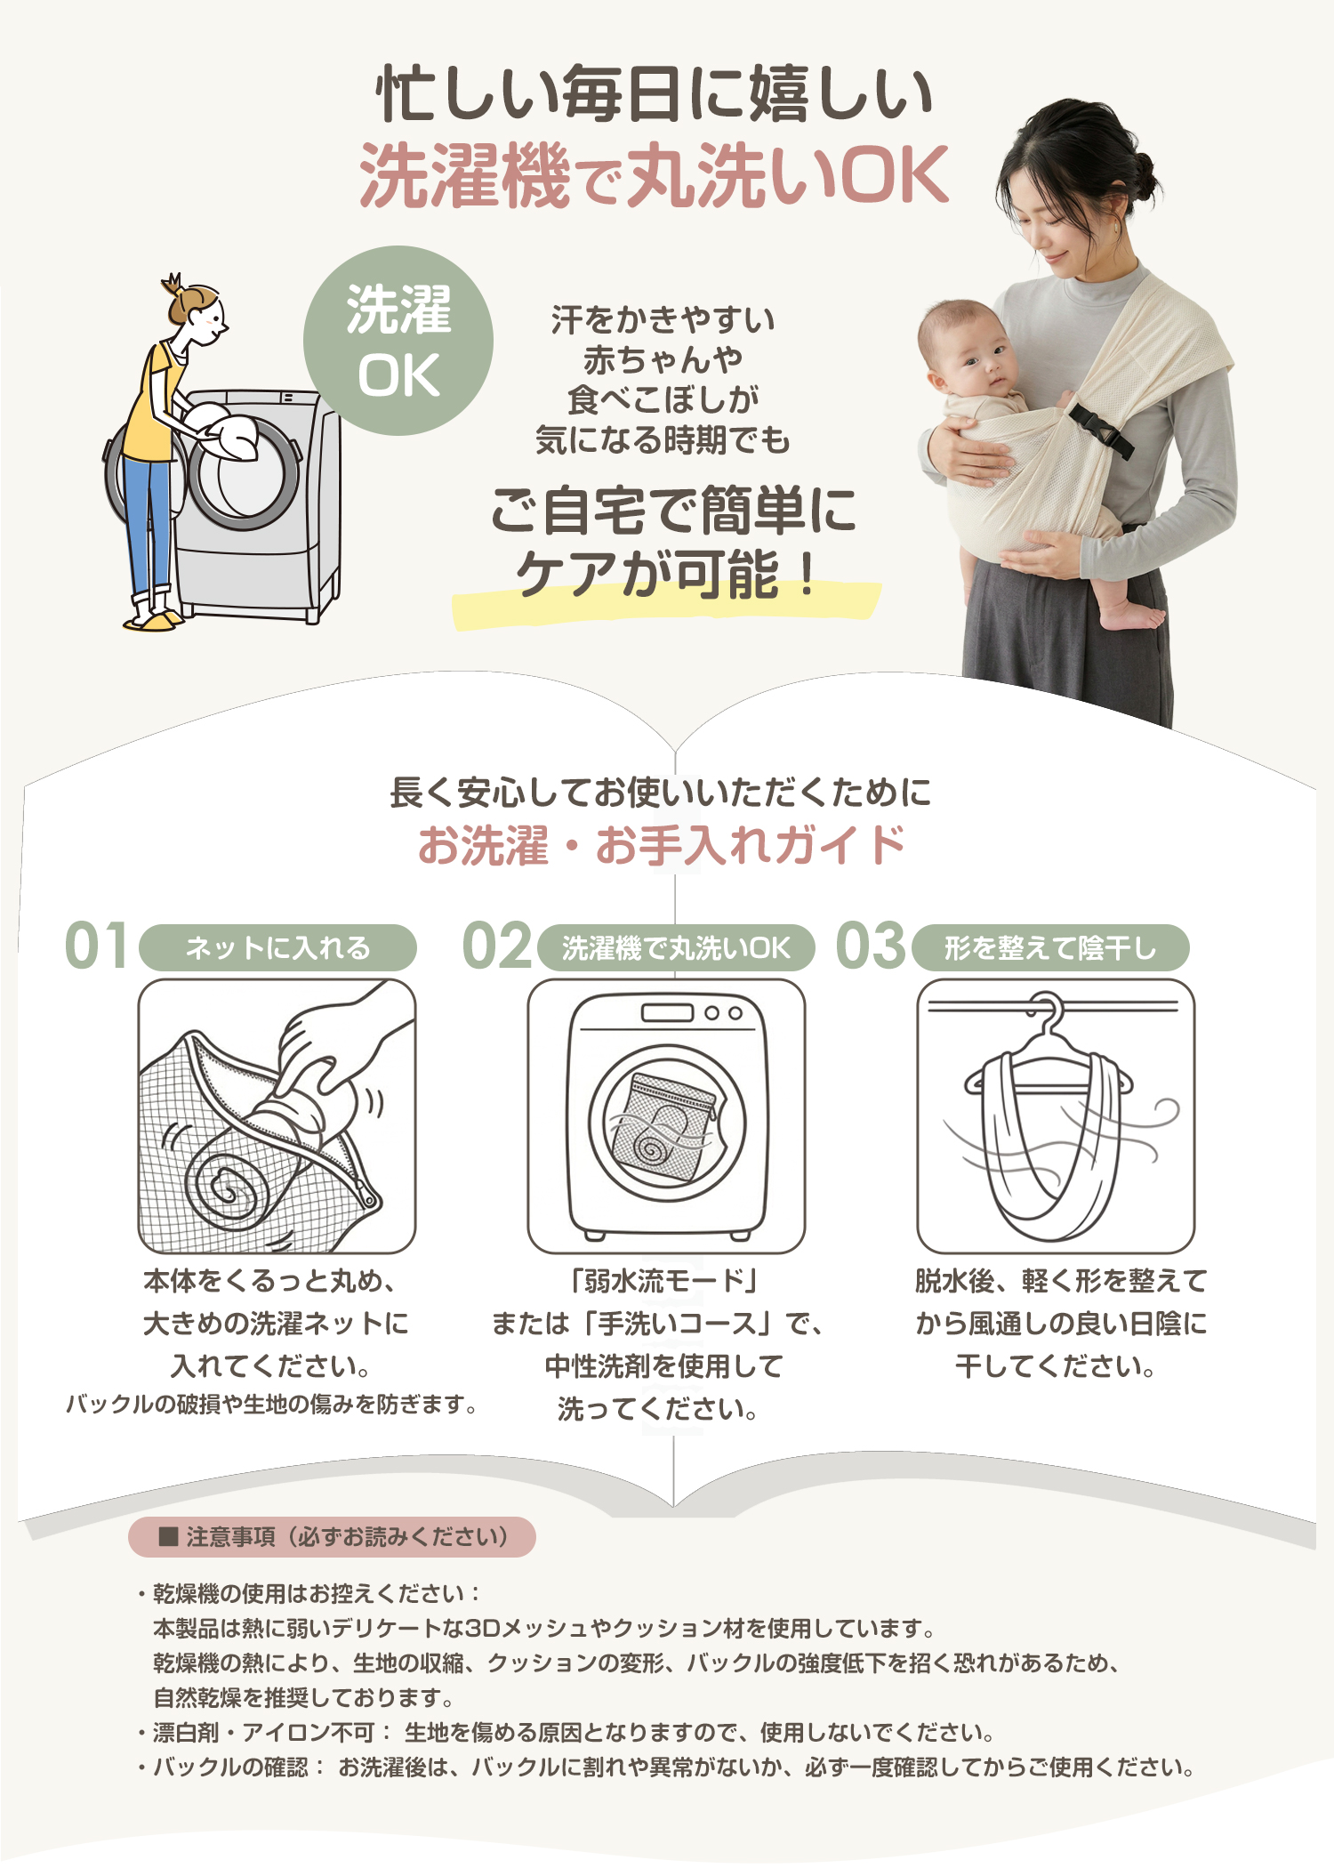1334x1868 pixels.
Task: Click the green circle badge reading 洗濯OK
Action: tap(398, 341)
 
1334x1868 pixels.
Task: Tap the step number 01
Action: tap(96, 946)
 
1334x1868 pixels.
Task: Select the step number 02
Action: tap(497, 946)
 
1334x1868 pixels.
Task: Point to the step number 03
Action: tap(871, 946)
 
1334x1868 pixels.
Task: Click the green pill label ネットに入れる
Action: tap(277, 947)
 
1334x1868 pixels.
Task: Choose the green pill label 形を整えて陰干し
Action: tap(1050, 947)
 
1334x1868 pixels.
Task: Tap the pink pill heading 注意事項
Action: tap(332, 1537)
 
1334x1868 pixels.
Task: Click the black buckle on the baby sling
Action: tap(1101, 430)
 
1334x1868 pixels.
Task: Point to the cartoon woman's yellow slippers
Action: tap(151, 620)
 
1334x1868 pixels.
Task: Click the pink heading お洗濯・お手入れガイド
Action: tap(661, 845)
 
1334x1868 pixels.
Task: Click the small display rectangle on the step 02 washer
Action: tap(667, 1012)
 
